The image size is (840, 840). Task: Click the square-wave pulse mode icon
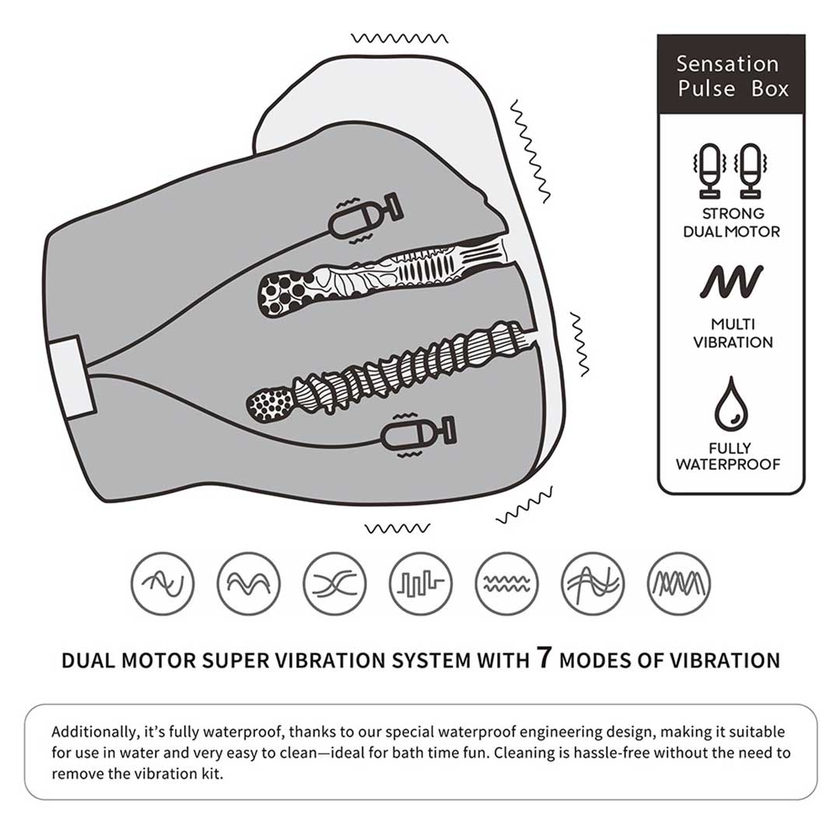(x=421, y=583)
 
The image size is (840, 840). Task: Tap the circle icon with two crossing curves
(x=334, y=583)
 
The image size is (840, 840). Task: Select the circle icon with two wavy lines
(x=507, y=583)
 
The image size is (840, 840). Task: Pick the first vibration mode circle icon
(x=163, y=583)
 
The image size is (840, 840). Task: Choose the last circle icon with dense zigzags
(x=679, y=583)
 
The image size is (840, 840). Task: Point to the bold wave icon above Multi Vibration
(x=731, y=282)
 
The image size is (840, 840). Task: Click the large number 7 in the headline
(x=544, y=657)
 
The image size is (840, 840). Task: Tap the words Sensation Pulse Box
(x=730, y=76)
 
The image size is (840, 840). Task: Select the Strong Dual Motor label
(x=732, y=222)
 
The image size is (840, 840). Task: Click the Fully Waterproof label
(x=729, y=456)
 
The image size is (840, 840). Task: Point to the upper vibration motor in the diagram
(x=366, y=216)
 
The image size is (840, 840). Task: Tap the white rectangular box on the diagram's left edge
(x=72, y=377)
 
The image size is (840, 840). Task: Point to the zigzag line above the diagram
(x=400, y=38)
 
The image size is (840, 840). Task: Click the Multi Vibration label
(x=733, y=333)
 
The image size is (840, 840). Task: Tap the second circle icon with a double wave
(x=249, y=583)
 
